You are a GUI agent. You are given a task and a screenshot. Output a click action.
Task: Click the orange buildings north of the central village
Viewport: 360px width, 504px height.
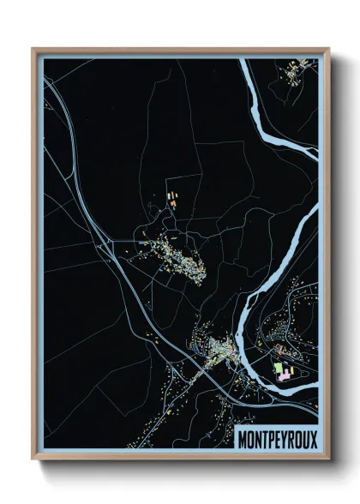[171, 197]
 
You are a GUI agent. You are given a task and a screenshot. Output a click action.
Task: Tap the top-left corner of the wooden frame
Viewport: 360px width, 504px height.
[33, 49]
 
